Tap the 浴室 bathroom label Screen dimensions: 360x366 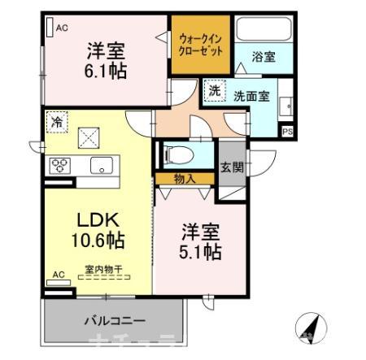[x=264, y=58]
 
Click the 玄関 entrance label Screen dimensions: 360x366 [x=231, y=167]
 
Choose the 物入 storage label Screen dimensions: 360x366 [x=182, y=177]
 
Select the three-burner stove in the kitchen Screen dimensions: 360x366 [x=60, y=165]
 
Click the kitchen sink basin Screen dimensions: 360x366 [x=101, y=165]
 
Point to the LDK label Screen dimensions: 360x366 [x=98, y=220]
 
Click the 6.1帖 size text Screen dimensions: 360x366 [x=107, y=70]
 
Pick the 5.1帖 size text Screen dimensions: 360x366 [x=201, y=252]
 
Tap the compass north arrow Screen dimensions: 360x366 [x=309, y=327]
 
